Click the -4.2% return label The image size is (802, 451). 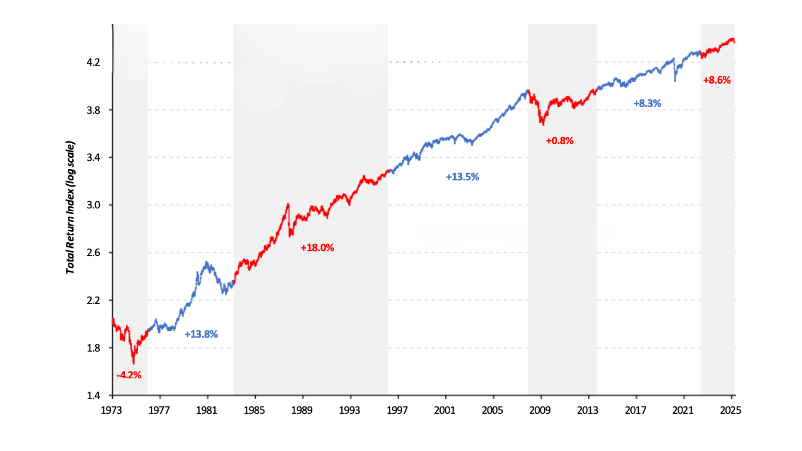129,375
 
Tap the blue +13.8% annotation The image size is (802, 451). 201,334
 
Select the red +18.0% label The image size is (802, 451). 317,248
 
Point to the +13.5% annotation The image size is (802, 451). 462,177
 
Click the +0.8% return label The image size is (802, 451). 559,141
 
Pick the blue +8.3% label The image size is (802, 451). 647,103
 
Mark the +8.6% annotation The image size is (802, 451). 717,80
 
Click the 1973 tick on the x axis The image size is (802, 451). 111,410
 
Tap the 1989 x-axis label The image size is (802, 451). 302,410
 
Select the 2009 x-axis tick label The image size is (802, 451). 540,410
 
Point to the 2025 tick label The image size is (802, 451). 730,410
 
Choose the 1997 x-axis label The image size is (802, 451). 397,410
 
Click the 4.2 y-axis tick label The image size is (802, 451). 93,63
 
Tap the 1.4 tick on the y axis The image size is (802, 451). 93,395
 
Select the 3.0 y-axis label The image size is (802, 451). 93,205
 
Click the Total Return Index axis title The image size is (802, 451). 70,208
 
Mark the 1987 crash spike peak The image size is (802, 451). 288,204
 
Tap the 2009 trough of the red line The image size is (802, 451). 543,124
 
